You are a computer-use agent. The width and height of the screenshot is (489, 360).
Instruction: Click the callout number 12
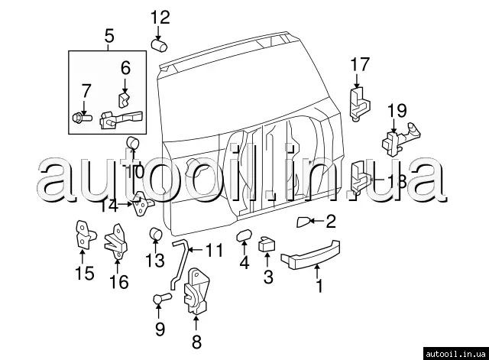pos(160,17)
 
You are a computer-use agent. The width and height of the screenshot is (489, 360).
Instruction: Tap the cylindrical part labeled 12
pos(160,45)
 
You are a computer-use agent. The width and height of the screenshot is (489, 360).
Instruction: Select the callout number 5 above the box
pos(108,35)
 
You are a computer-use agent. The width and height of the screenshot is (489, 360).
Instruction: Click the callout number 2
pos(330,222)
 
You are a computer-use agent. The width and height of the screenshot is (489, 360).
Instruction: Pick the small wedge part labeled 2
pos(304,222)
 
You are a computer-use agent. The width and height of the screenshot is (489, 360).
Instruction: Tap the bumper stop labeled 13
pos(155,232)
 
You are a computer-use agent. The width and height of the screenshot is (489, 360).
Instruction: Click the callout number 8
pos(196,342)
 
